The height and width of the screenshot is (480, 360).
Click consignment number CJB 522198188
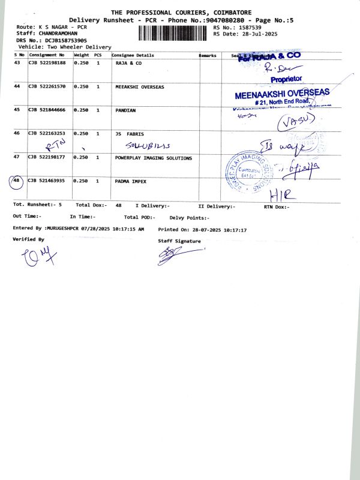point(47,62)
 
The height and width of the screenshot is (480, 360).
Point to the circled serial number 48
point(16,181)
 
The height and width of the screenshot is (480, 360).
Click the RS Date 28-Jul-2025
point(257,34)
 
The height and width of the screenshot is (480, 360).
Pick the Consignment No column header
point(47,55)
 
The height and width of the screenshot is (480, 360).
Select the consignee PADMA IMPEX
point(130,181)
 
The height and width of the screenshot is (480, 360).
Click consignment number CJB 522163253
point(47,134)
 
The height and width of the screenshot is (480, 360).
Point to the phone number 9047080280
point(226,20)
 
